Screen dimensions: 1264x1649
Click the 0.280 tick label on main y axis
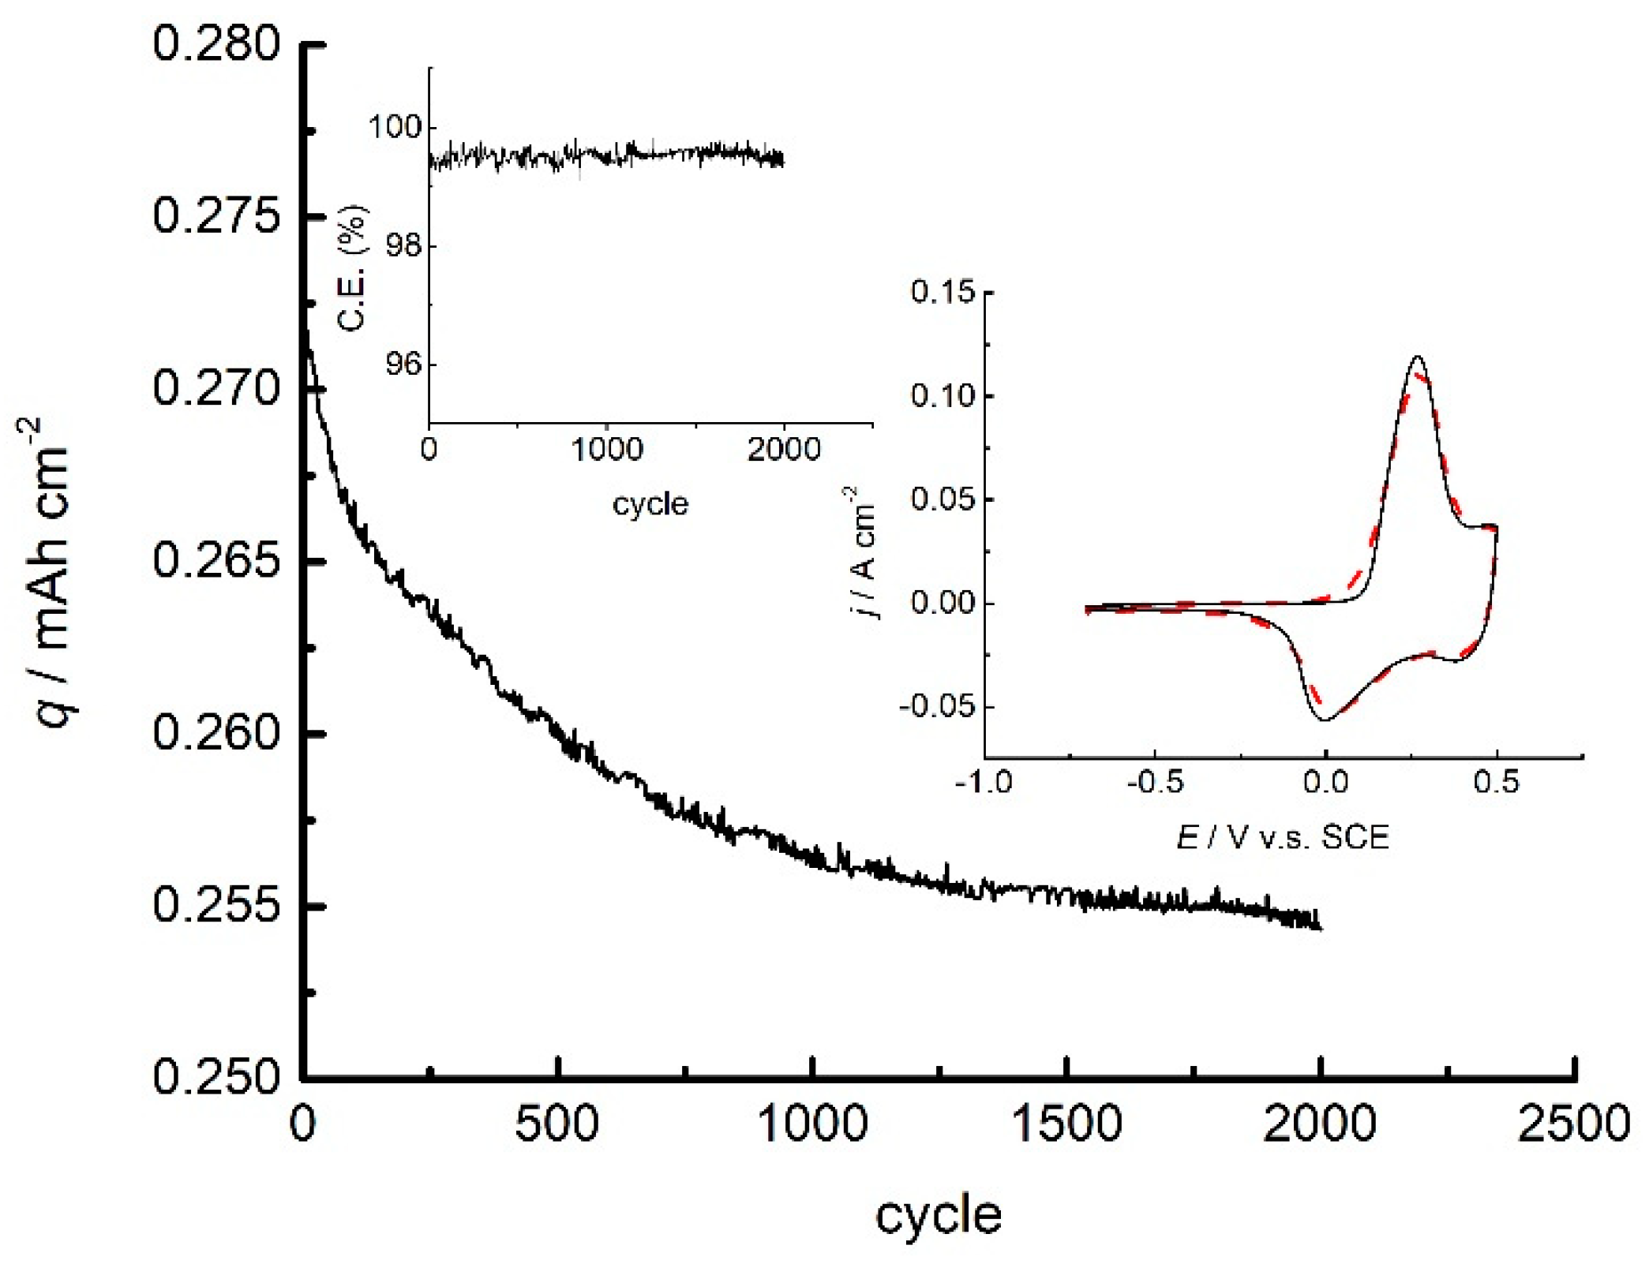(215, 44)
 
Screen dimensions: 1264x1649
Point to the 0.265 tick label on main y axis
(215, 561)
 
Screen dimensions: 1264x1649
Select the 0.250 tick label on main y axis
(215, 1077)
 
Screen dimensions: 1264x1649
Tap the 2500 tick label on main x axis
(1573, 1124)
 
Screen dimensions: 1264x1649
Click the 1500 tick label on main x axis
(1066, 1124)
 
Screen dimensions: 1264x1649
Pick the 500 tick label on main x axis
(557, 1124)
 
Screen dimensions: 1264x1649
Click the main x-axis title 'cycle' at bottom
(938, 1215)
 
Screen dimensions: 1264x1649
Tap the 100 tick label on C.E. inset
(395, 127)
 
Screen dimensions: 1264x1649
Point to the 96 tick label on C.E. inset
(403, 365)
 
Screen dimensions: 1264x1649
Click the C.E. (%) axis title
(352, 268)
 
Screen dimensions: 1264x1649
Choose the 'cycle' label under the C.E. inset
(650, 503)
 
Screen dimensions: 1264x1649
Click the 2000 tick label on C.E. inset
(783, 450)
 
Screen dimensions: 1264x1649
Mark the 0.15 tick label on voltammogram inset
(943, 292)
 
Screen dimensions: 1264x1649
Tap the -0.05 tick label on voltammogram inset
(936, 706)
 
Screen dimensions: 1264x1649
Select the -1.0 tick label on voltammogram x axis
(983, 782)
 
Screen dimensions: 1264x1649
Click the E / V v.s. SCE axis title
(1282, 837)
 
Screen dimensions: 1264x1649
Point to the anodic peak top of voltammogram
(1419, 357)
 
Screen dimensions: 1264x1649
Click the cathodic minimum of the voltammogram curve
(1325, 720)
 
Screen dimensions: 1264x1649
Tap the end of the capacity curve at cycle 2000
(1320, 928)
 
